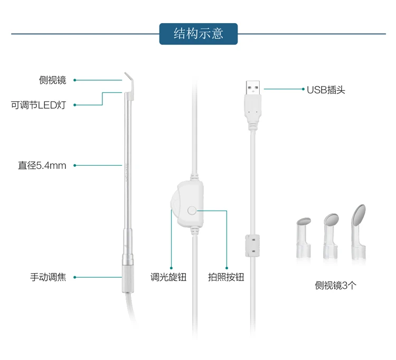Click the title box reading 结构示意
click(198, 34)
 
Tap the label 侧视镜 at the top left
click(52, 80)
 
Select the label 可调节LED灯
click(39, 105)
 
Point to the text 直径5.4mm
click(42, 166)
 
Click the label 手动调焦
click(48, 277)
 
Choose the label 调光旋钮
click(168, 277)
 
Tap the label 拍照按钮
click(226, 277)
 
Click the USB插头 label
click(326, 90)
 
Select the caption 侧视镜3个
click(336, 286)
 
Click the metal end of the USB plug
click(253, 88)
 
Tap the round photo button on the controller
click(192, 210)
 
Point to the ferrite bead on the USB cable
click(252, 245)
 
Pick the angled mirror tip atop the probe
click(129, 85)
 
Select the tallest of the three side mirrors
click(359, 232)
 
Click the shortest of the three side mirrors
click(303, 238)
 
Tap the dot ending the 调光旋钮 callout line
click(171, 268)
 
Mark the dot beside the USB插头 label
click(303, 89)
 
